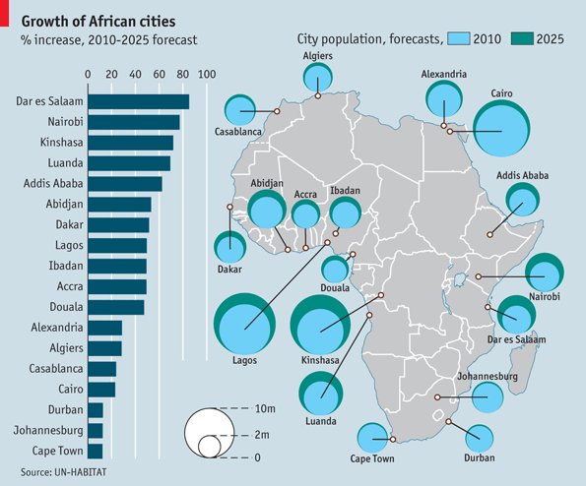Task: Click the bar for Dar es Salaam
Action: pos(138,101)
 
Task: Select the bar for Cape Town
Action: pos(96,452)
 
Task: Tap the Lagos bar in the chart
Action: pos(117,245)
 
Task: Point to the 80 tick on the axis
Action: pos(183,74)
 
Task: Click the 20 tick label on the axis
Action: pos(112,74)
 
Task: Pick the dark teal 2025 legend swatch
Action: pos(525,39)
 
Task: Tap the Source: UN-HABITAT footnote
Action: pos(65,472)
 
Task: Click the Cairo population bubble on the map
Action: pos(501,130)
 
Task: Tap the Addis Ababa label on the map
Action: pos(522,176)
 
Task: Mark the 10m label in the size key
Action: pos(263,408)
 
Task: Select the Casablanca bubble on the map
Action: pos(241,111)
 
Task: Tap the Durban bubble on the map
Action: pos(480,439)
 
